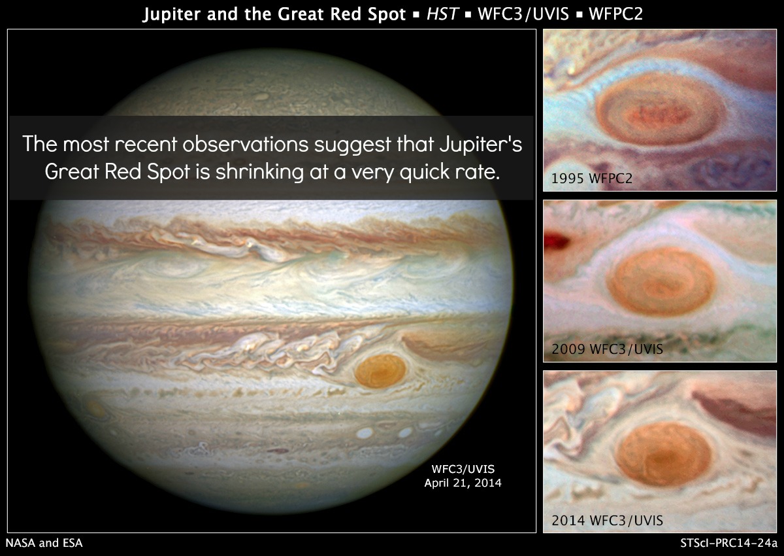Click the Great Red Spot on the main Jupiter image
click(x=380, y=371)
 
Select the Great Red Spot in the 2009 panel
click(x=661, y=281)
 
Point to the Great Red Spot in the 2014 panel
click(x=664, y=454)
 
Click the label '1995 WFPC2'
click(x=592, y=179)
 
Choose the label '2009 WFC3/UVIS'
click(x=607, y=349)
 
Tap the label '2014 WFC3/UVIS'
click(x=607, y=520)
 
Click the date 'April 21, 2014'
click(x=463, y=483)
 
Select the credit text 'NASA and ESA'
click(x=44, y=543)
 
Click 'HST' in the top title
click(x=442, y=14)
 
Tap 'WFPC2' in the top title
click(x=615, y=14)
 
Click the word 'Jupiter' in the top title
click(x=172, y=14)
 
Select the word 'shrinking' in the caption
click(x=259, y=172)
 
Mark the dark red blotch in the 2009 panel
click(x=557, y=241)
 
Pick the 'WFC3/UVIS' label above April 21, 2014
click(x=463, y=469)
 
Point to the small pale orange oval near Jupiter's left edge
click(x=95, y=409)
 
